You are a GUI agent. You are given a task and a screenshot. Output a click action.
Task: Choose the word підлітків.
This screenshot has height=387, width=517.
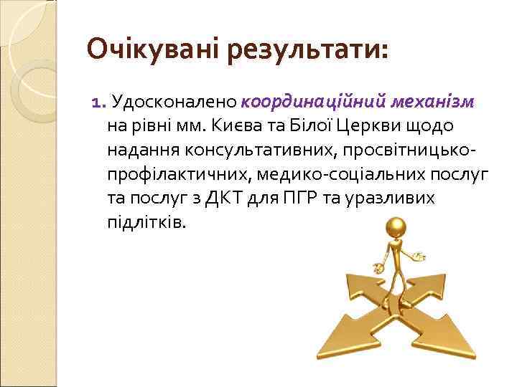coord(145,223)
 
